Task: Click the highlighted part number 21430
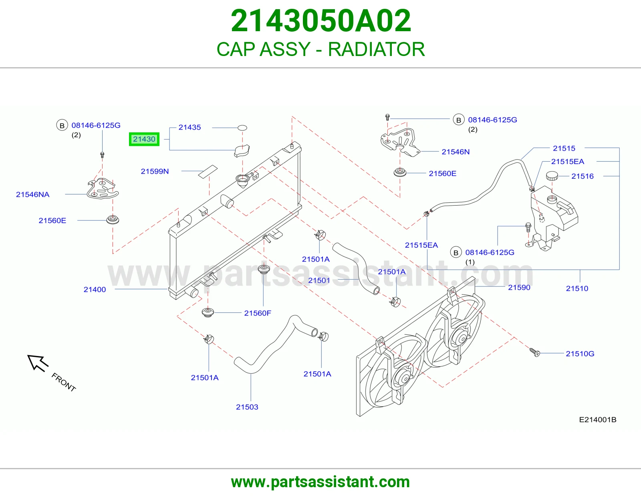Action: coord(144,139)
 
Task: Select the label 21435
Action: coord(189,127)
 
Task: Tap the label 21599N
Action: coord(155,171)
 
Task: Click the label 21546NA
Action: coord(33,194)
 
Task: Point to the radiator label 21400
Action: coord(95,290)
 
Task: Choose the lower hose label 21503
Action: coord(247,407)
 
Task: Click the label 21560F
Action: coord(258,313)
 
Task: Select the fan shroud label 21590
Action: coord(519,288)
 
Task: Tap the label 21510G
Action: coord(580,354)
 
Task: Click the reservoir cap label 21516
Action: coord(583,176)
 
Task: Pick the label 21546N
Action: coord(456,152)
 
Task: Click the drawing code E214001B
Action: coord(598,420)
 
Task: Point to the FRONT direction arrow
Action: coord(38,363)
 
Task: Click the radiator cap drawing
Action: coord(242,151)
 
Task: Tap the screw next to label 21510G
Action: coord(534,352)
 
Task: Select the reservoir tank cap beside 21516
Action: coord(552,176)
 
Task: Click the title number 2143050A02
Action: coord(320,21)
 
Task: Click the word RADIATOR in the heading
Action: coord(377,49)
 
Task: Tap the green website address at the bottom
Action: coord(320,482)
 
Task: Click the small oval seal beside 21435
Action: coord(242,128)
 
